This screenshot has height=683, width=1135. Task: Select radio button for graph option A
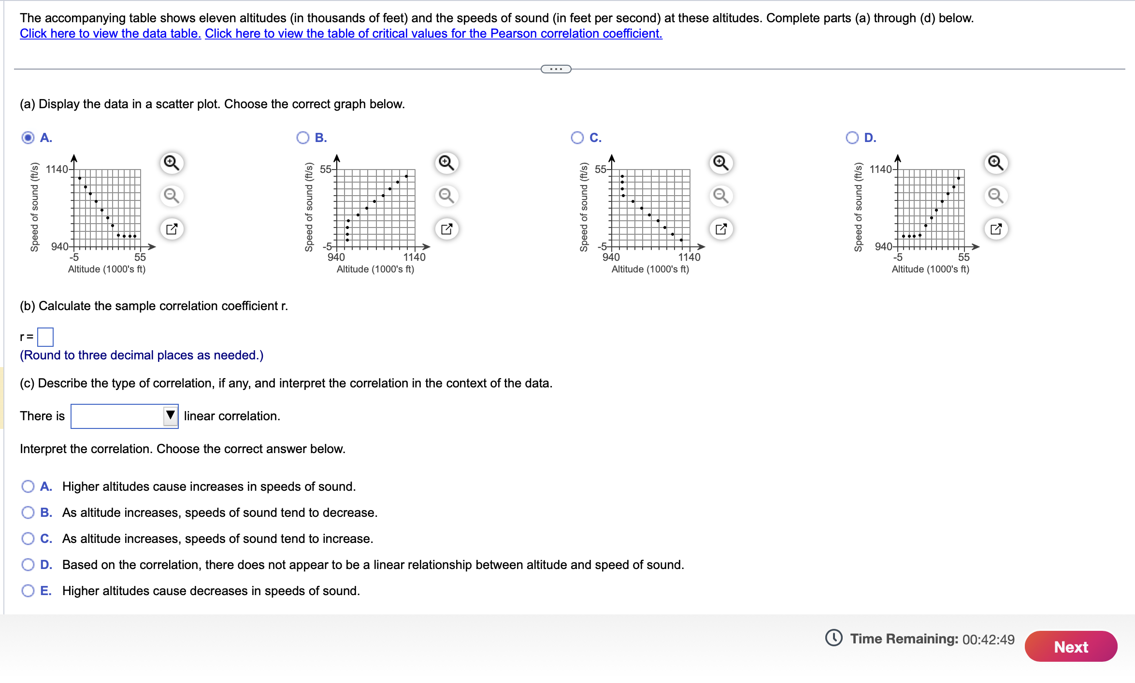click(28, 138)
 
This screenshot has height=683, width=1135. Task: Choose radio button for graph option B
click(303, 138)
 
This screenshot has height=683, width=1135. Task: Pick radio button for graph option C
click(577, 138)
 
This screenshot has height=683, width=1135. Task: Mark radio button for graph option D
click(852, 138)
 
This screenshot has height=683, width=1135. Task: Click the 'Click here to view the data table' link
click(110, 33)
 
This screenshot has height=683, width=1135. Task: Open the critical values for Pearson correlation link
click(433, 33)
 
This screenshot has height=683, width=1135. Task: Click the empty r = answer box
click(45, 337)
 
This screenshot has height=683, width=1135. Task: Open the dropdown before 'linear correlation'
click(125, 416)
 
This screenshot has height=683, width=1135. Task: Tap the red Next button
click(1070, 646)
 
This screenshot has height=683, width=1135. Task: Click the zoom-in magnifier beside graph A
click(172, 163)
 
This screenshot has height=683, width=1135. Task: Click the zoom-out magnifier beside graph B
click(446, 196)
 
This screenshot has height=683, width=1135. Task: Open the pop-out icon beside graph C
click(721, 228)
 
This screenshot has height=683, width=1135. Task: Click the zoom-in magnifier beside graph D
click(995, 163)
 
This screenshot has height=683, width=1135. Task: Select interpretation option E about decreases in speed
click(28, 591)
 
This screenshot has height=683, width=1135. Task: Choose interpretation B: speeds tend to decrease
click(28, 512)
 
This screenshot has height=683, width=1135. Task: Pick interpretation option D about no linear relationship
click(28, 565)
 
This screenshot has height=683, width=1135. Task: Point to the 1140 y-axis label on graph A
click(57, 169)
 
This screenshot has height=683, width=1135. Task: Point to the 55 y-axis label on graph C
click(600, 169)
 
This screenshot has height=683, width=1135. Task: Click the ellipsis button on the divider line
click(556, 69)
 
